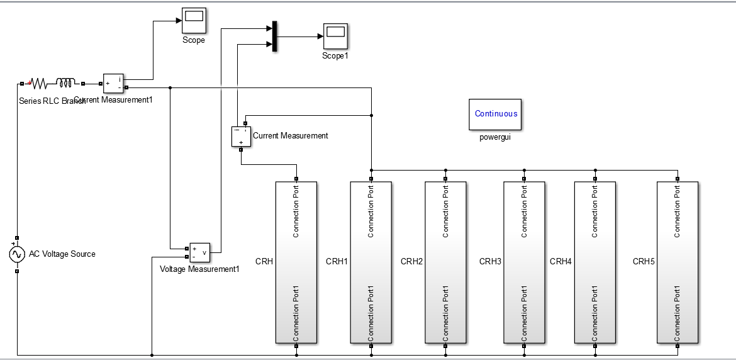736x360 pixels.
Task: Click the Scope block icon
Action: pos(193,22)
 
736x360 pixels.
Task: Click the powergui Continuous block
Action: pos(495,114)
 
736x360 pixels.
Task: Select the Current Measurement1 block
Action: pos(114,83)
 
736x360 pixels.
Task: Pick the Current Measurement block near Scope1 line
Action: pos(241,136)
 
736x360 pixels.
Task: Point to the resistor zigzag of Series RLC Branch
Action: pos(39,83)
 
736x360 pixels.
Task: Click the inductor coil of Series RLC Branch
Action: pos(65,82)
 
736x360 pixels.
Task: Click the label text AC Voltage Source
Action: pos(62,254)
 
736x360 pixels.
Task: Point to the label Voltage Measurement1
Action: pos(200,269)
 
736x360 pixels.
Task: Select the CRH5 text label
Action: pos(644,261)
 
